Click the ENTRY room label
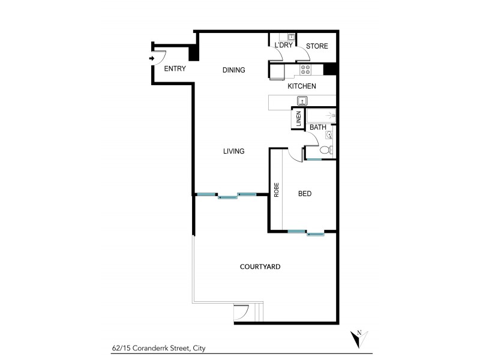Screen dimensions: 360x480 coord(175,68)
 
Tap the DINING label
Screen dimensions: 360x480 coord(233,70)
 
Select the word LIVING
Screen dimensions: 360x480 coord(233,151)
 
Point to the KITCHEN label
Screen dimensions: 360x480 coord(302,86)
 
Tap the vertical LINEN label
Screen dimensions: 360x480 coord(298,119)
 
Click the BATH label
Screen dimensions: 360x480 coord(318,127)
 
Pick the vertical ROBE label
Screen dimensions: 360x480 coord(277,190)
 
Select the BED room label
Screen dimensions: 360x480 coord(305,194)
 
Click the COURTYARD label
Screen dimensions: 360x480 coord(260,266)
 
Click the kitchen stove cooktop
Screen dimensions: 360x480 coord(306,69)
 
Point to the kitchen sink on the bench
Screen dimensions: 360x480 coord(302,101)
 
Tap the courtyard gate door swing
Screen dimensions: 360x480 coord(241,311)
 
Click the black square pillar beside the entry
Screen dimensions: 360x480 coord(194,54)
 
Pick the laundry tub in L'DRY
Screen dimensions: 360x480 coord(290,37)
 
